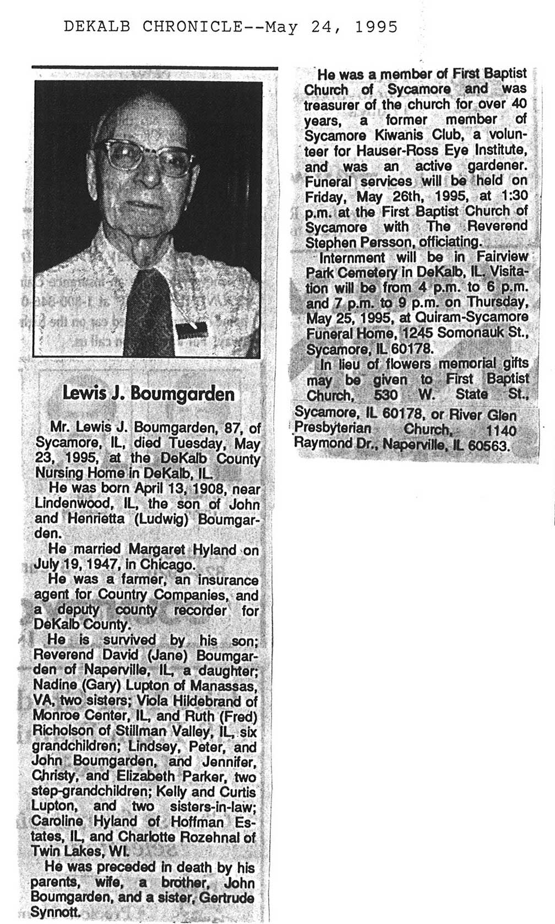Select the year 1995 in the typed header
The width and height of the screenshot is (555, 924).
tap(376, 26)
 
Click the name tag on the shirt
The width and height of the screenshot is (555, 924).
tap(192, 329)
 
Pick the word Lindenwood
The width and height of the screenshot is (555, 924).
tap(68, 504)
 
